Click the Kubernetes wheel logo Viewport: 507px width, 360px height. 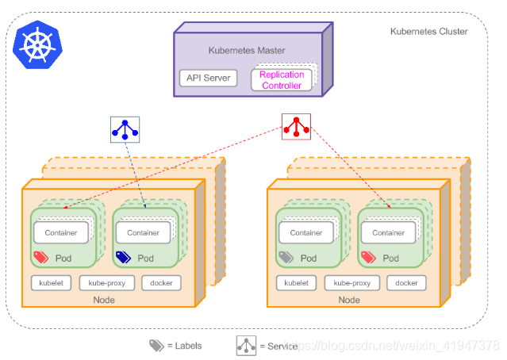(36, 45)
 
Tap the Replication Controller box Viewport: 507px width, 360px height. (281, 80)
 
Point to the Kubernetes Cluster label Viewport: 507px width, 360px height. (428, 32)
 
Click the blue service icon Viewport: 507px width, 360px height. (125, 130)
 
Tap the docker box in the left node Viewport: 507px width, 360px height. (161, 283)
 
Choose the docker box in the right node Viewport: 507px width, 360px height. (406, 283)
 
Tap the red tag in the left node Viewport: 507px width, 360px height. (40, 258)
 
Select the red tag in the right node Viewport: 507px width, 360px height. (368, 258)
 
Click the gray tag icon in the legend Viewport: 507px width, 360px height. (156, 346)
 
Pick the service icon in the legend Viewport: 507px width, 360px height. (247, 346)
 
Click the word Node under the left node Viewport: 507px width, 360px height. (104, 300)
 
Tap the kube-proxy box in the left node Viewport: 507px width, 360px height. (108, 283)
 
